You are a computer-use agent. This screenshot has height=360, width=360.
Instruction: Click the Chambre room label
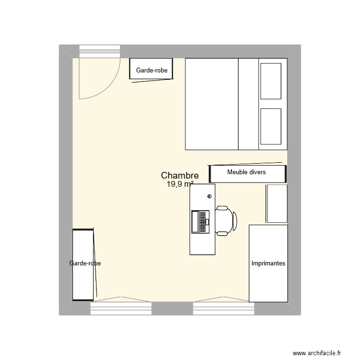(180, 176)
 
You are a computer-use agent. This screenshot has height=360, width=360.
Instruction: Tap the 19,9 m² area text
(180, 184)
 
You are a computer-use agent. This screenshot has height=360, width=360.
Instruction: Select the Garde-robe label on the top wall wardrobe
(152, 70)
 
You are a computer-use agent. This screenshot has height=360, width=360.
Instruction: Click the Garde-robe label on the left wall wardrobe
(85, 264)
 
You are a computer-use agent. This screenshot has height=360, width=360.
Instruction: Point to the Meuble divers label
(246, 172)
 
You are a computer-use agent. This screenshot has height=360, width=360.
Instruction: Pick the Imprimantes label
(268, 264)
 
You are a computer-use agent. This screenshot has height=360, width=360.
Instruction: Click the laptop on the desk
(200, 221)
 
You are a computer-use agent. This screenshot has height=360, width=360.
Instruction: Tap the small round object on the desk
(209, 196)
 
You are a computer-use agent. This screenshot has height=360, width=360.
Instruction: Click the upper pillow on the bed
(270, 80)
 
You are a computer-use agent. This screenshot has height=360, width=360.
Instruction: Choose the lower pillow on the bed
(270, 126)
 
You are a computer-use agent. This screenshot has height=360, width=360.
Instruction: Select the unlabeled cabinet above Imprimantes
(277, 204)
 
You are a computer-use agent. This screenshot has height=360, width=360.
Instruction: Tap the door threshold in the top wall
(99, 51)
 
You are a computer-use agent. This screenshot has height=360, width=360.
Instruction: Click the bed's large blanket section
(212, 104)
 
